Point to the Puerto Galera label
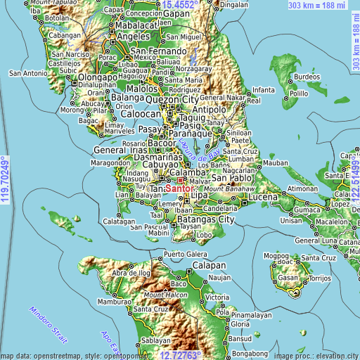click(186, 253)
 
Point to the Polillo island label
click(300, 93)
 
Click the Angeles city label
click(134, 36)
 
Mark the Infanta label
click(264, 90)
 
